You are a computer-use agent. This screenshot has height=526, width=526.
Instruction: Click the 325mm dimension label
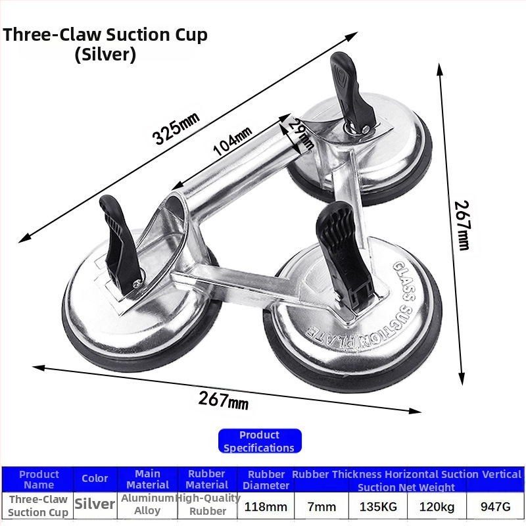click(x=176, y=128)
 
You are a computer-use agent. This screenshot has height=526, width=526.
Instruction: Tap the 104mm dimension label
click(x=233, y=141)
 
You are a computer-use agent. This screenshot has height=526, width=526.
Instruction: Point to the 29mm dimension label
click(x=301, y=134)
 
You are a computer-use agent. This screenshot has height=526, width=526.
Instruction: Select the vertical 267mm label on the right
click(x=462, y=226)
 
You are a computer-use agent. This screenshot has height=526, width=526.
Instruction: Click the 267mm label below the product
click(x=224, y=400)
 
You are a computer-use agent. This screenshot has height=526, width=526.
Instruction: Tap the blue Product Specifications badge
click(x=260, y=441)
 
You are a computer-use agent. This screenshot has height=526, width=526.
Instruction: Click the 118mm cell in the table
click(x=266, y=506)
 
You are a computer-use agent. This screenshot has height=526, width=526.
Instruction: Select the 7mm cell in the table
click(x=322, y=506)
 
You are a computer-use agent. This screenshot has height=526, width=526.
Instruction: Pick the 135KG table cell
click(x=378, y=506)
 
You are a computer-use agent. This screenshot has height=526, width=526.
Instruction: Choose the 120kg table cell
click(x=437, y=506)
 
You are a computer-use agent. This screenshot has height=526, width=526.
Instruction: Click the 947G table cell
click(x=496, y=506)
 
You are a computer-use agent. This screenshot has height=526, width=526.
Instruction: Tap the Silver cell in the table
click(x=95, y=504)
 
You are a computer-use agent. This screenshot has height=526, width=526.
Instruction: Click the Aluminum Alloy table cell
click(x=147, y=504)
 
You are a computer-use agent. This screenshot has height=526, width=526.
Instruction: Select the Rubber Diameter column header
click(x=266, y=480)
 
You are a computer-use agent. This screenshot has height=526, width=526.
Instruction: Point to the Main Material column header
click(x=147, y=479)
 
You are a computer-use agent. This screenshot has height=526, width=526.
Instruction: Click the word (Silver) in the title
click(x=105, y=55)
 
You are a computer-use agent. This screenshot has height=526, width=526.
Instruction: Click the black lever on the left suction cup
click(x=122, y=245)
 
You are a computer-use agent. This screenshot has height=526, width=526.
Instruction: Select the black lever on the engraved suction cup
click(x=344, y=255)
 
